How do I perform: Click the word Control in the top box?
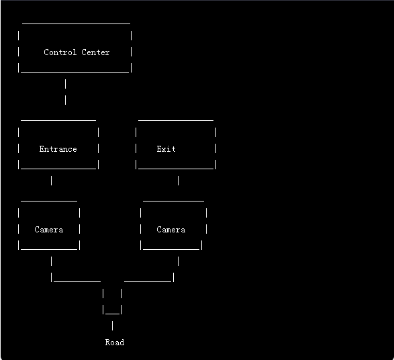pos(60,52)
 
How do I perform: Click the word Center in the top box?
pos(95,52)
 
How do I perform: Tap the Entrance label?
pos(58,149)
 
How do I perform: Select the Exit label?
pos(166,149)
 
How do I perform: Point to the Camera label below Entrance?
pos(49,230)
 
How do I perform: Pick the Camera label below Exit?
pos(171,230)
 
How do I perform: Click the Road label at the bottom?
pos(115,343)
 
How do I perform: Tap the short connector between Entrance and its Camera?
pos(52,181)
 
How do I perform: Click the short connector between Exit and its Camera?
pos(178,181)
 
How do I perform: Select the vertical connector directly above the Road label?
pos(112,326)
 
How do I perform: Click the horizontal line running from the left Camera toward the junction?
pos(77,281)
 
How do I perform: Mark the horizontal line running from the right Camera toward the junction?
pos(148,281)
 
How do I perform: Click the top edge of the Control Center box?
pos(76,24)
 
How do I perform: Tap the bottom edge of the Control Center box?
pos(75,72)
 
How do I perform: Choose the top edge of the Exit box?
pos(176,120)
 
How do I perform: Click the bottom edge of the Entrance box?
pos(58,169)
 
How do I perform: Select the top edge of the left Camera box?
pos(49,201)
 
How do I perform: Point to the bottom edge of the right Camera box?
pos(171,249)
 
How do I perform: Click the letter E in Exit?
pos(159,149)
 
